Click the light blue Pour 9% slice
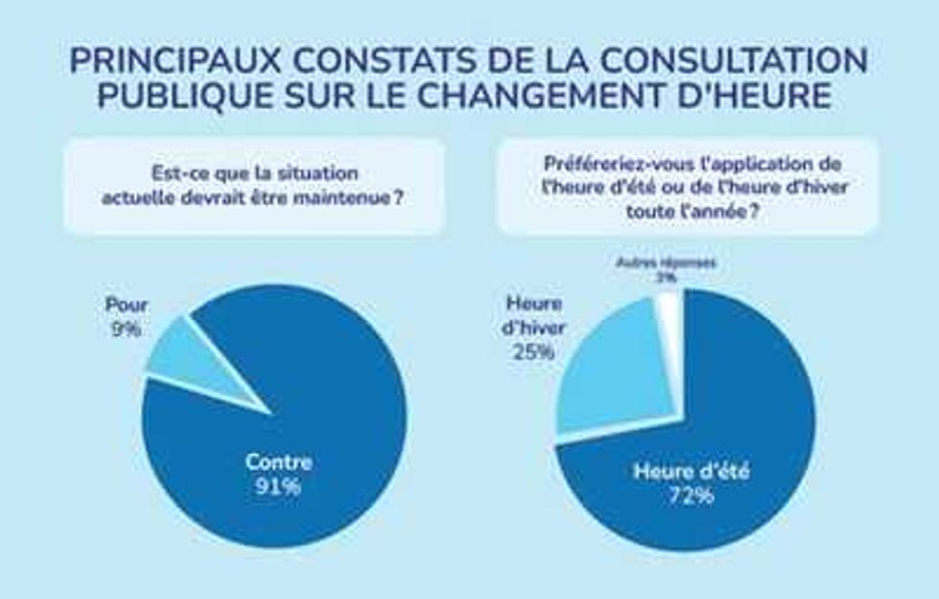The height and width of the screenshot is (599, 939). click(x=196, y=359)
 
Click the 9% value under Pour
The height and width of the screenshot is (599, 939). click(x=125, y=329)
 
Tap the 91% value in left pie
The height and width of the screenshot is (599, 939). click(x=278, y=487)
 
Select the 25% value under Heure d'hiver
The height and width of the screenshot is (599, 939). click(x=534, y=351)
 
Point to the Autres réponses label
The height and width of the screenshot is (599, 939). click(x=666, y=262)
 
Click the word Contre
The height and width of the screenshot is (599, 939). click(x=278, y=462)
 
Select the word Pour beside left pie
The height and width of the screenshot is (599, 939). click(x=126, y=307)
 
